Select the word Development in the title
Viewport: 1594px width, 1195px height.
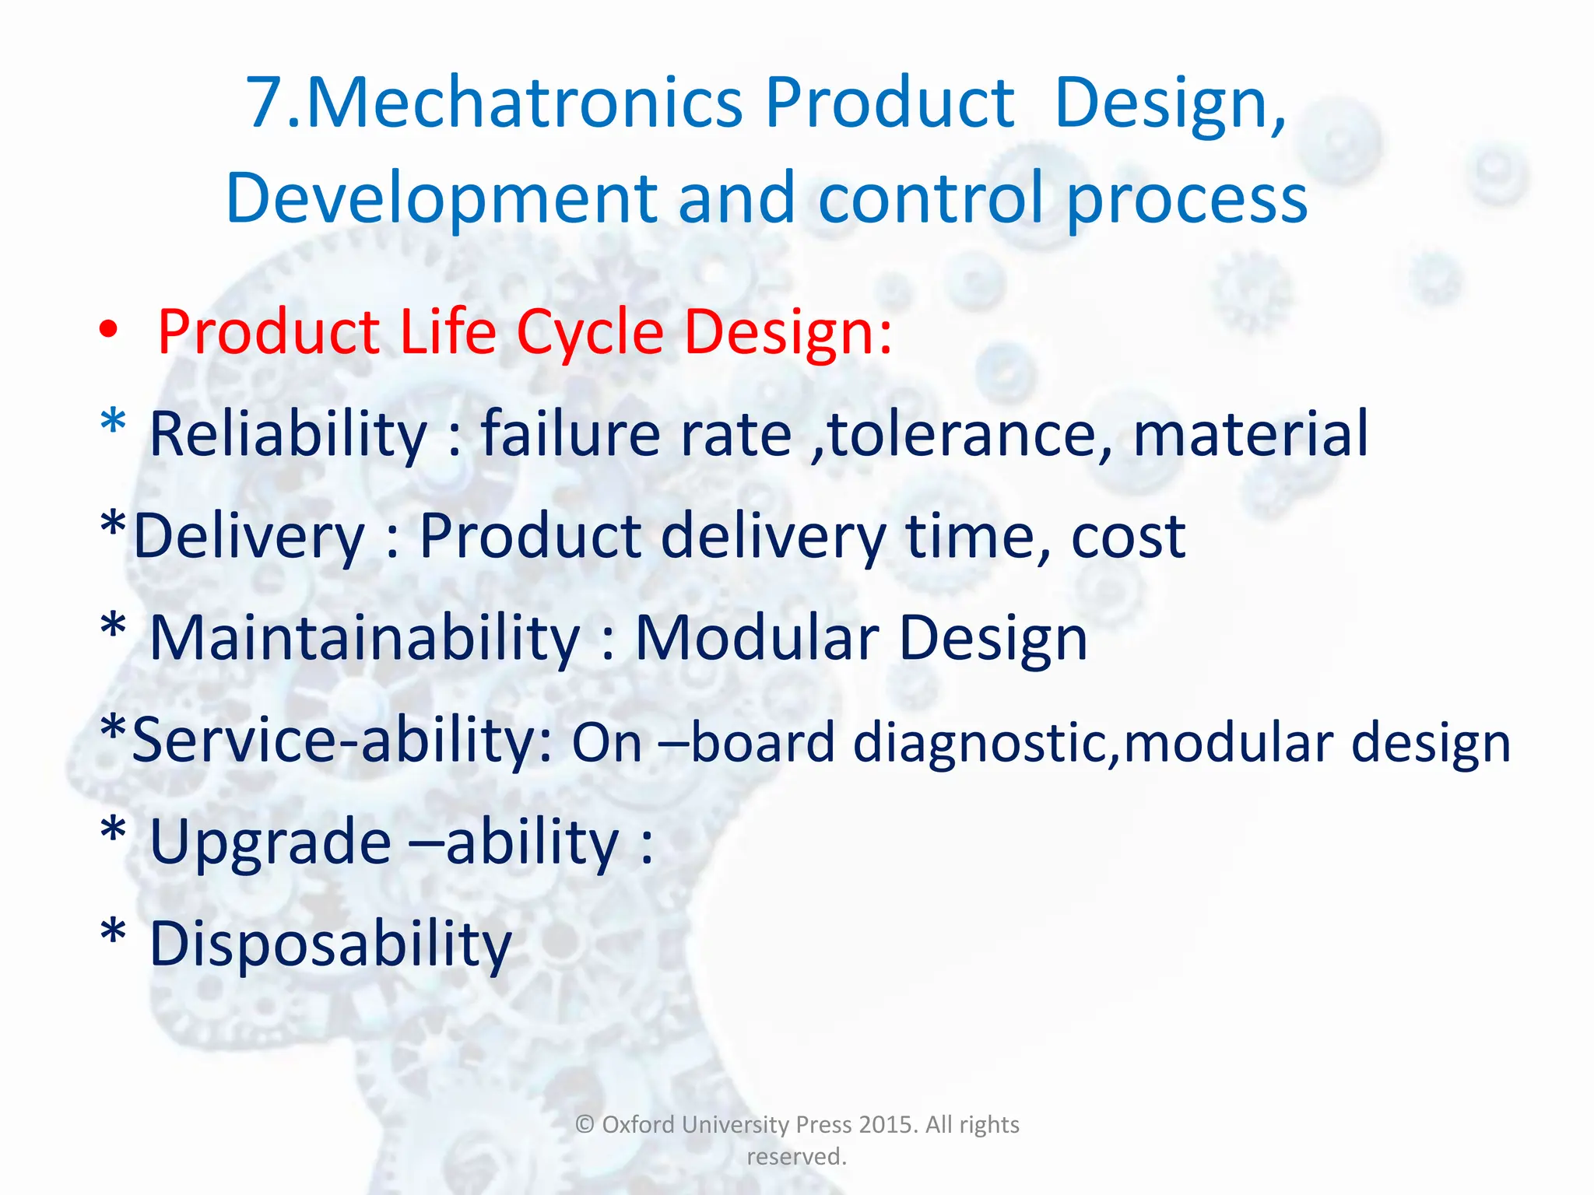point(441,199)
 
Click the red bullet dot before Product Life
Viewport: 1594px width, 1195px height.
point(109,330)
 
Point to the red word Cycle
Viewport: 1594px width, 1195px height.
point(589,333)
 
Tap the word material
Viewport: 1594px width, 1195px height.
point(1250,433)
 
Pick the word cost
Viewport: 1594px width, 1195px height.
point(1128,538)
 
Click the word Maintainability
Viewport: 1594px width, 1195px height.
point(364,638)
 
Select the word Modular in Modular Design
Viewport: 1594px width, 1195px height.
point(757,638)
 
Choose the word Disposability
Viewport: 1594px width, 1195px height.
point(330,944)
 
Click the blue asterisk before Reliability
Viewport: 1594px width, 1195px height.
point(114,422)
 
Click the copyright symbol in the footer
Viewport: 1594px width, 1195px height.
point(585,1125)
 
